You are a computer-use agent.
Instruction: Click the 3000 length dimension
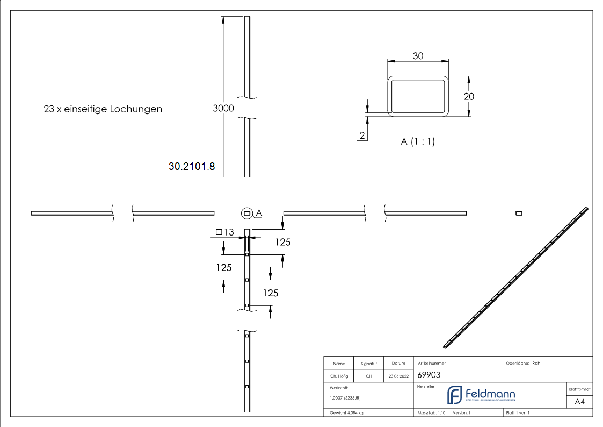point(223,108)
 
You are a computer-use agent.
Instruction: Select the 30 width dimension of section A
point(418,55)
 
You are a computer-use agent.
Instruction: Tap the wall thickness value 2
point(362,136)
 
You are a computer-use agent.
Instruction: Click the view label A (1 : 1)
point(417,142)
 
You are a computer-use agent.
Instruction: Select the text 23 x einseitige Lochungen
point(103,109)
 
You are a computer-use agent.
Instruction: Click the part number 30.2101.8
point(192,167)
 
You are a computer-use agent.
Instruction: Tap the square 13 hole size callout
point(224,232)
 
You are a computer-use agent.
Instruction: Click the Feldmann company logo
point(481,395)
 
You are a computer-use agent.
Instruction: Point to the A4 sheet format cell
point(579,402)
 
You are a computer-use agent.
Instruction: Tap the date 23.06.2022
point(398,376)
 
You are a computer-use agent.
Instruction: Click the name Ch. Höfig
point(339,376)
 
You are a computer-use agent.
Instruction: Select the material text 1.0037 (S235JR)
point(345,397)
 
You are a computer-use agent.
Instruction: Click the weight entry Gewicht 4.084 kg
point(346,413)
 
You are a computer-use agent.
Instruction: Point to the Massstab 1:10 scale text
point(432,413)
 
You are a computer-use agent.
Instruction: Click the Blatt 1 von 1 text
point(518,413)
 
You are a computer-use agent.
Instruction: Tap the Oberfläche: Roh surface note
point(523,364)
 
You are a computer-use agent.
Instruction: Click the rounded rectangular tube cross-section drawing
point(418,96)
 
